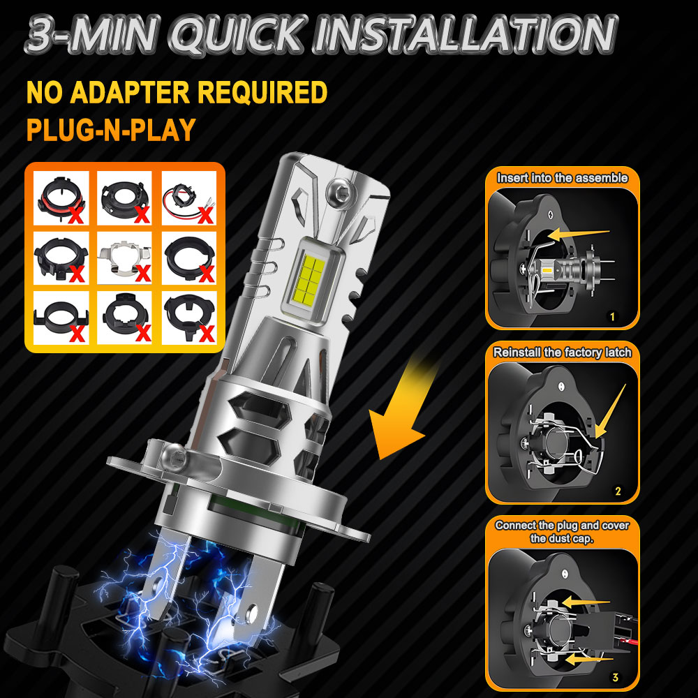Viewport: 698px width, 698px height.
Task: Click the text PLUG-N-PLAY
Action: (x=111, y=130)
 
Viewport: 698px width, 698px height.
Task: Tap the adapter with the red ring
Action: (x=61, y=198)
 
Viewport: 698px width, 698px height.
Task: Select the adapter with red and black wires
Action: (x=188, y=198)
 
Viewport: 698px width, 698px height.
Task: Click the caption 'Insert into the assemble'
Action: (x=562, y=177)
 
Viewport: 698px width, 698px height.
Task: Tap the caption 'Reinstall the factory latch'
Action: (x=562, y=352)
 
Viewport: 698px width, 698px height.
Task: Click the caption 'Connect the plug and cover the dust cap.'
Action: (x=562, y=531)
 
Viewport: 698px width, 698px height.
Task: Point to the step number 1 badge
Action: (x=612, y=316)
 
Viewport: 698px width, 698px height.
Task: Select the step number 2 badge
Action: (x=618, y=491)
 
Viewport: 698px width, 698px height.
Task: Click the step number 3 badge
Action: (x=615, y=676)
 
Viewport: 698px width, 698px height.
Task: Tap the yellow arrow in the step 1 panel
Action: (x=578, y=235)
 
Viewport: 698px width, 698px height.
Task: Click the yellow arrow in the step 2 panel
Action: (x=610, y=412)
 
